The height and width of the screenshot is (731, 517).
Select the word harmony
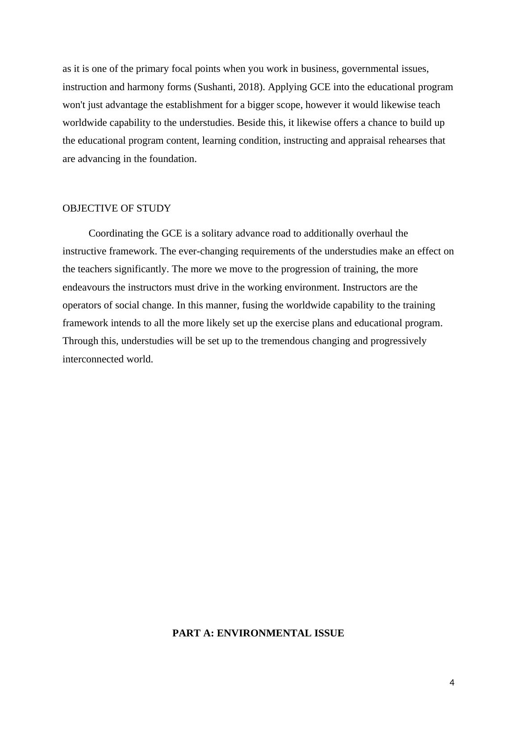click(143, 87)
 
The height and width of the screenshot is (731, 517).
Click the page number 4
click(452, 683)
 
